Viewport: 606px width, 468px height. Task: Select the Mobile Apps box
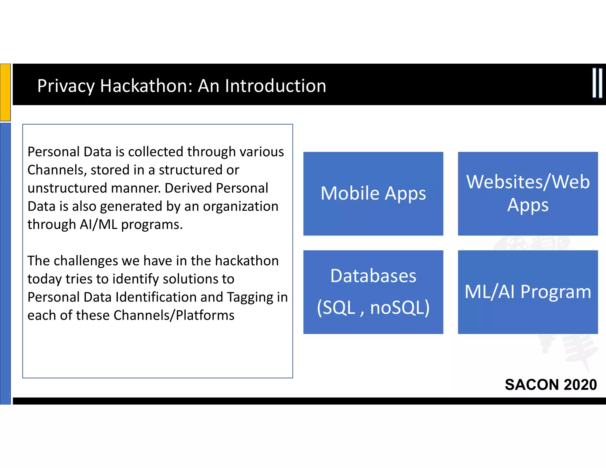(373, 194)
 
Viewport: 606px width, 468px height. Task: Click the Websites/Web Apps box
(528, 194)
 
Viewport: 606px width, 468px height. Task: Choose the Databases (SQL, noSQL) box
(373, 292)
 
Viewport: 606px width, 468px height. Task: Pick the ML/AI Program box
(528, 292)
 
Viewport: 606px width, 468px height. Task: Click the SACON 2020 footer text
(551, 385)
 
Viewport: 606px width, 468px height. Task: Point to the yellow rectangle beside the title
(5, 92)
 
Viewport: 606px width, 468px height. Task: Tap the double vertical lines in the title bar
(597, 83)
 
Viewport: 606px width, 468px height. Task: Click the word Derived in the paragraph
(188, 188)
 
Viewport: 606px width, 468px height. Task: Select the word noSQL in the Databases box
(399, 308)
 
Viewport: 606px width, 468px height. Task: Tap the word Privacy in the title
(66, 86)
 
